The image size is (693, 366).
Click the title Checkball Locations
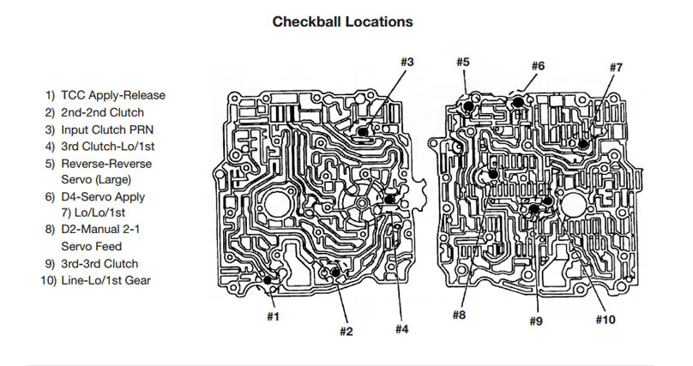342,21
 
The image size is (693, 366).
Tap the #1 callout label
272,316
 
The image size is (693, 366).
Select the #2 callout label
346,332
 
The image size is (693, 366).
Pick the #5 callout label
462,62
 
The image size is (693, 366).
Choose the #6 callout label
538,66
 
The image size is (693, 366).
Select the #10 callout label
606,321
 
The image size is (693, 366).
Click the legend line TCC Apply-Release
105,95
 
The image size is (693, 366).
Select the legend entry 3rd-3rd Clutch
95,263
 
